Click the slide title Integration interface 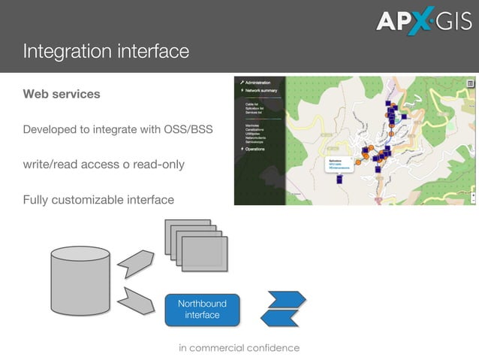click(105, 52)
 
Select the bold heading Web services click(62, 95)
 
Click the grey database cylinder click(80, 280)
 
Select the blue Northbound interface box click(202, 309)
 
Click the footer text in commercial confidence click(239, 348)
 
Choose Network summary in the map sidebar click(260, 90)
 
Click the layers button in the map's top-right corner click(470, 83)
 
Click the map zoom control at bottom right click(472, 196)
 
